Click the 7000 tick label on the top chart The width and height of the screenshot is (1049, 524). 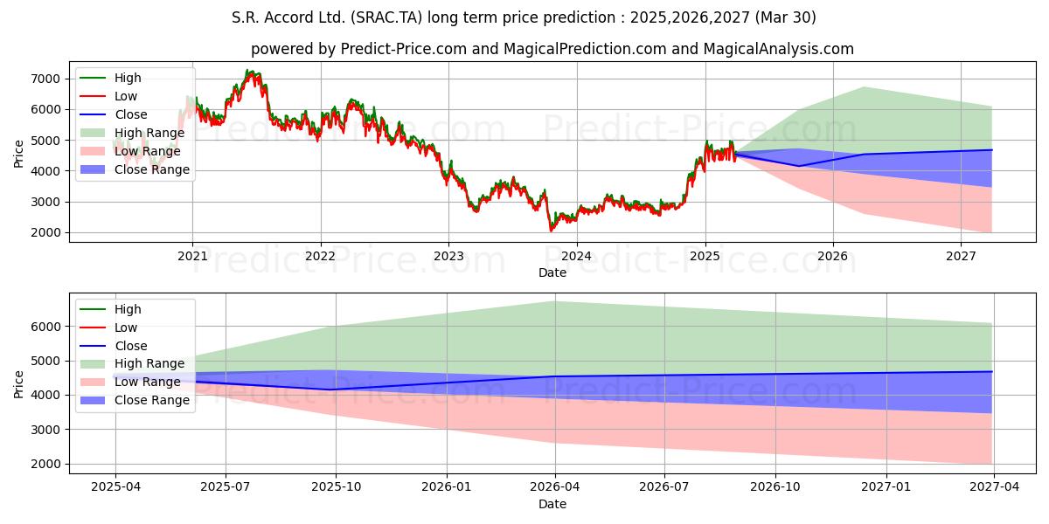click(x=45, y=79)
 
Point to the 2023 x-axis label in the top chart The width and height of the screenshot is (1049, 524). click(x=448, y=257)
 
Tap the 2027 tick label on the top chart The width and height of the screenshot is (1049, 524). click(x=961, y=257)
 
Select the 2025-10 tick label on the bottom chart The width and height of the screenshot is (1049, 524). click(x=337, y=487)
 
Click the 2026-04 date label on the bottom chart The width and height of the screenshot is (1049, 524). click(x=555, y=487)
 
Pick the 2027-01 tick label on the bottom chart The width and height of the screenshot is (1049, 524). click(x=886, y=487)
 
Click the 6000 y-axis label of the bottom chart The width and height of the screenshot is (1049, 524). click(x=45, y=327)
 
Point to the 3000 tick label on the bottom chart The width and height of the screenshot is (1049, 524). click(x=45, y=430)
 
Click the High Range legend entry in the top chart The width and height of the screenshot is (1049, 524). click(x=133, y=133)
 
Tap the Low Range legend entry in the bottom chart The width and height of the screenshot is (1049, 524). click(x=130, y=382)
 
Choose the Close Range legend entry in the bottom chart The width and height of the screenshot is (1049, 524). click(x=135, y=400)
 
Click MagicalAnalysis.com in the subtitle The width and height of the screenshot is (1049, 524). click(x=778, y=49)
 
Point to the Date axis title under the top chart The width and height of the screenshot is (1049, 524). click(x=552, y=272)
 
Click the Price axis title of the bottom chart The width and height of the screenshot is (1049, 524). click(x=18, y=384)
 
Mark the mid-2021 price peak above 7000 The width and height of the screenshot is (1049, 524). click(x=247, y=70)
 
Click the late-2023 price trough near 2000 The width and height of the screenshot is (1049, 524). click(x=551, y=231)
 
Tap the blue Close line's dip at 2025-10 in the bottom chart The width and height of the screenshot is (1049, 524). click(x=330, y=390)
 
